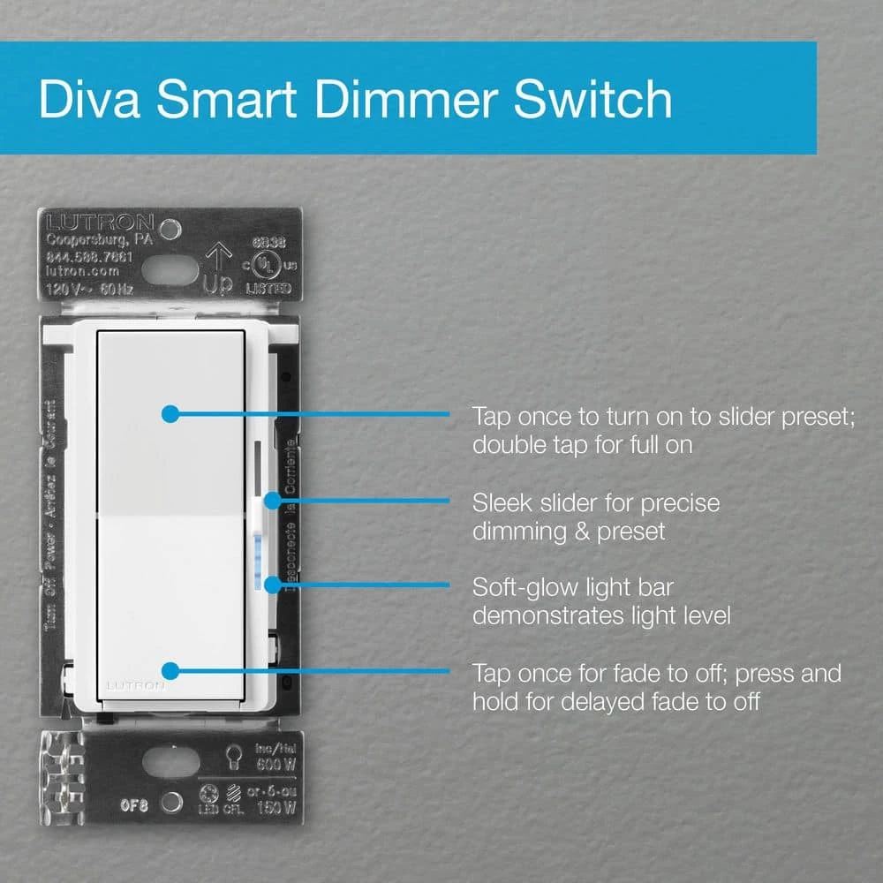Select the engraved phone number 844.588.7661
[x=88, y=256]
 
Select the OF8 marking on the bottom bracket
[x=135, y=804]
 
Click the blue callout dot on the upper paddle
[x=171, y=412]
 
